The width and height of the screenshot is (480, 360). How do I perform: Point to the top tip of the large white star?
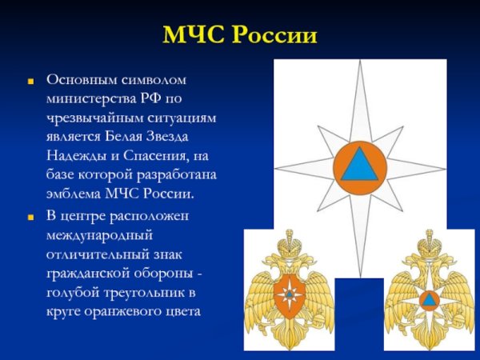(x=360, y=66)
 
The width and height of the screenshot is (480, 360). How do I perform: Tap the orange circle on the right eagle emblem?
(x=429, y=300)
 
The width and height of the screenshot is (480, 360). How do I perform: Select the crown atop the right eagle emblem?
(x=429, y=238)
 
